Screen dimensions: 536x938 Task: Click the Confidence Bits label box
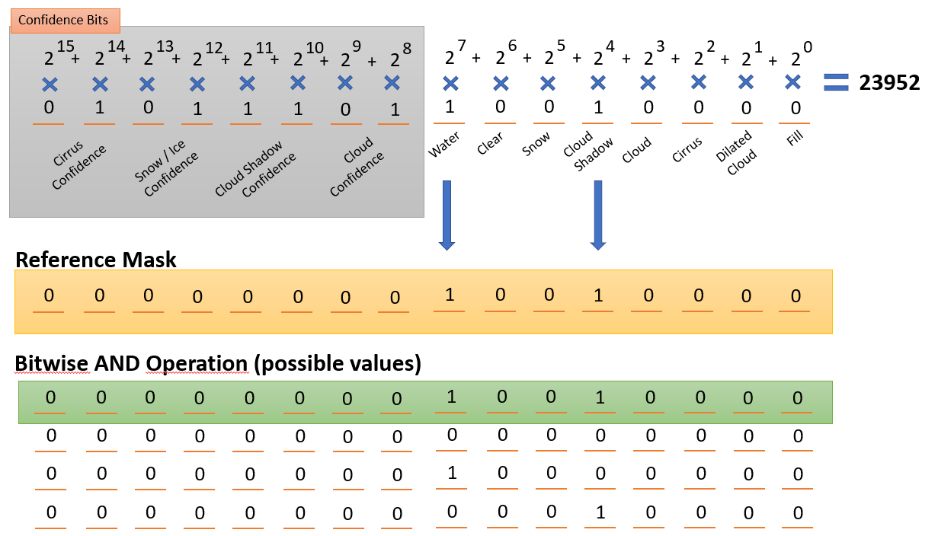click(65, 20)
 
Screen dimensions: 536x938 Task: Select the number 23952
click(889, 83)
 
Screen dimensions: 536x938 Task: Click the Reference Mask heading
click(96, 260)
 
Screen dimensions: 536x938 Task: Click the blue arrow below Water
click(447, 215)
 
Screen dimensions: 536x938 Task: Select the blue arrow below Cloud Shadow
click(598, 215)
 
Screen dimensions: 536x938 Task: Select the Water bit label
click(443, 145)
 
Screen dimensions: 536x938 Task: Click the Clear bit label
click(490, 144)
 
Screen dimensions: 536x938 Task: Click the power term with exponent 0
click(797, 56)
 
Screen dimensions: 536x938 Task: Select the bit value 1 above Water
click(450, 107)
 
